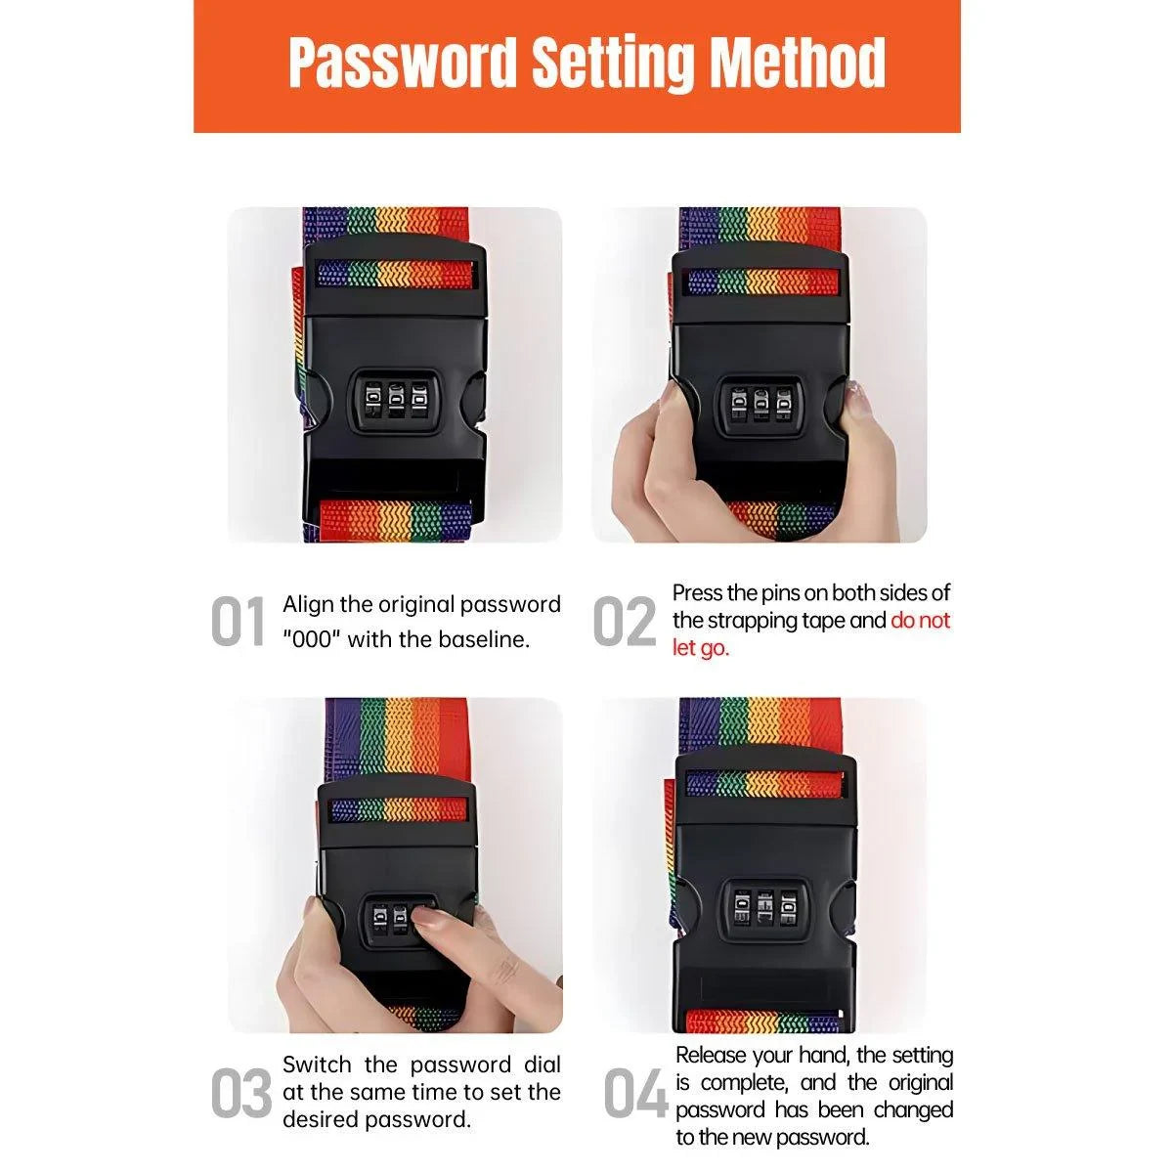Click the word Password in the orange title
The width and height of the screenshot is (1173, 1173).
(x=402, y=64)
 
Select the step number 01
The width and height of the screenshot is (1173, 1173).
(x=238, y=621)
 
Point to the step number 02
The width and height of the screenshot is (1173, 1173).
(x=625, y=621)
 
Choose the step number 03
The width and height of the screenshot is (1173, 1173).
(x=241, y=1093)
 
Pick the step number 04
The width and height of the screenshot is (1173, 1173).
(x=635, y=1093)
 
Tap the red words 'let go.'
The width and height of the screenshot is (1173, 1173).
(x=701, y=648)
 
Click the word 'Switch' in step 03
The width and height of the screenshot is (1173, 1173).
(x=317, y=1064)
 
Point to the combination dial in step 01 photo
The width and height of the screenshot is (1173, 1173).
(x=395, y=401)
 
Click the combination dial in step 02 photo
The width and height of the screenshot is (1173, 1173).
(x=758, y=406)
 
